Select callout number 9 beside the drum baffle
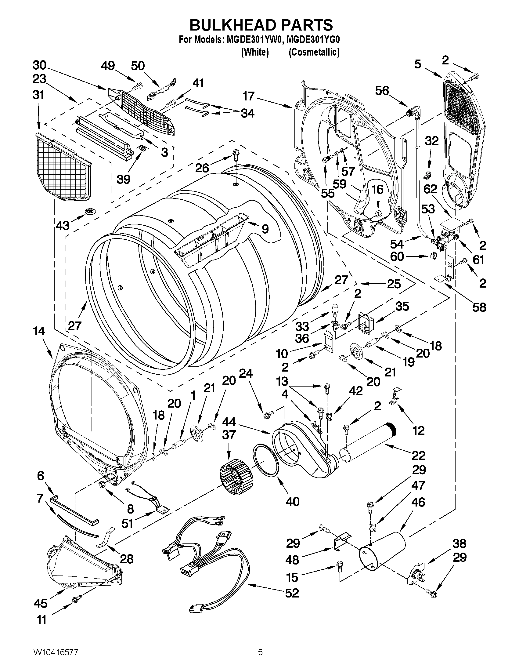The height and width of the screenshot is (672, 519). (265, 228)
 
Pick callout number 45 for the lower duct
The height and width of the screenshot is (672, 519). (41, 603)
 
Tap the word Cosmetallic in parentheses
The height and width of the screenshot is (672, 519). (314, 52)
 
